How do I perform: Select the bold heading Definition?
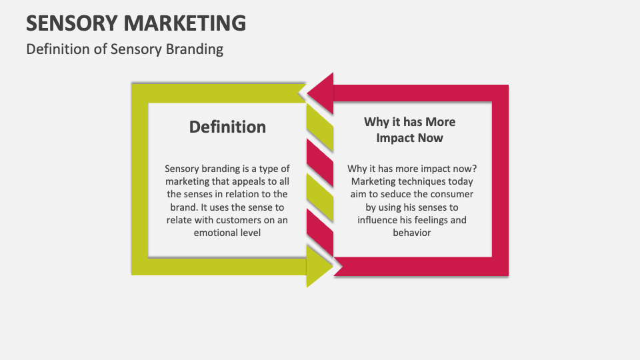click(227, 127)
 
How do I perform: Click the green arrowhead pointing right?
click(319, 265)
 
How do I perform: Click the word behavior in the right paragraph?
click(412, 233)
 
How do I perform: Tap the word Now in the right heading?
click(431, 138)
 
